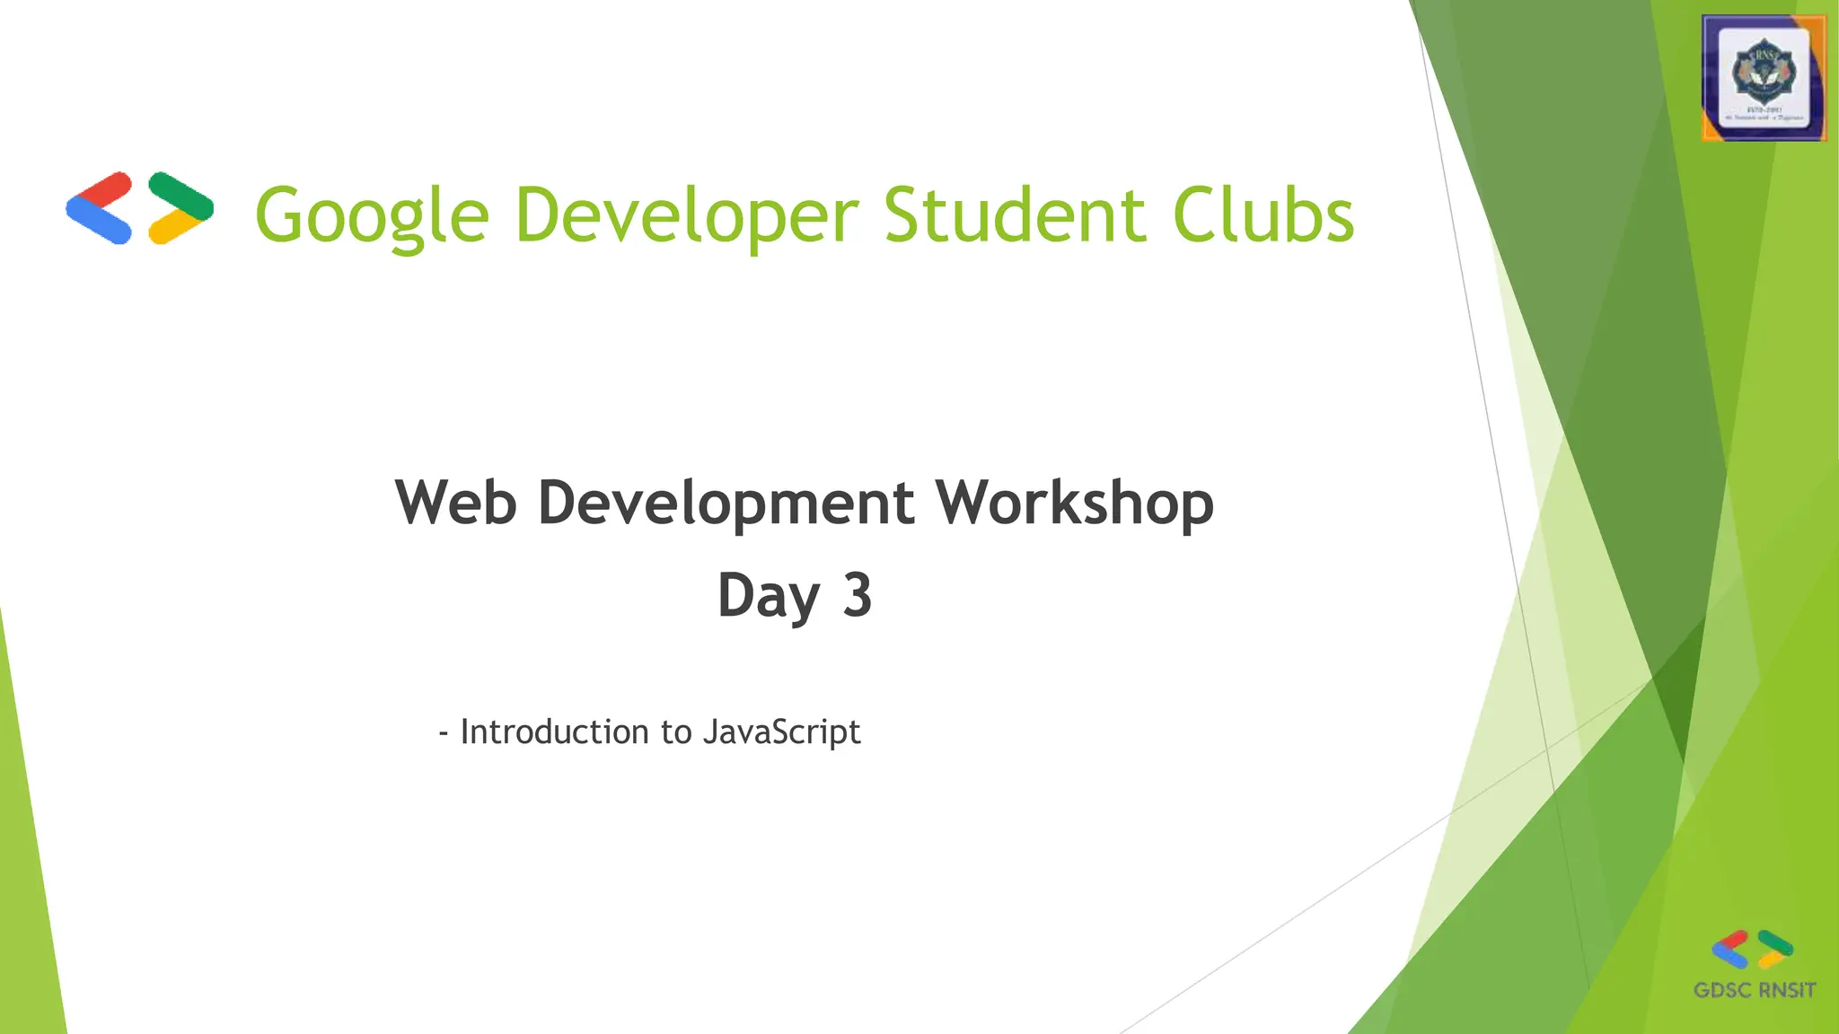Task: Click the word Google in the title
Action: pyautogui.click(x=372, y=215)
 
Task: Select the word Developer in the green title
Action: pyautogui.click(x=687, y=215)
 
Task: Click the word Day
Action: pyautogui.click(x=769, y=596)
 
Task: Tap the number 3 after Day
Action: pyautogui.click(x=858, y=595)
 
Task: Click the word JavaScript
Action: pyautogui.click(x=781, y=732)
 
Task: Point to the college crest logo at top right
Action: pyautogui.click(x=1764, y=78)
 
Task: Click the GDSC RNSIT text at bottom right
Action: pyautogui.click(x=1754, y=990)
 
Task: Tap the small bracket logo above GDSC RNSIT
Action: pyautogui.click(x=1752, y=950)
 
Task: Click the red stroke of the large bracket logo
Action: pyautogui.click(x=104, y=190)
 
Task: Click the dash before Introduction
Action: pyautogui.click(x=444, y=733)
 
